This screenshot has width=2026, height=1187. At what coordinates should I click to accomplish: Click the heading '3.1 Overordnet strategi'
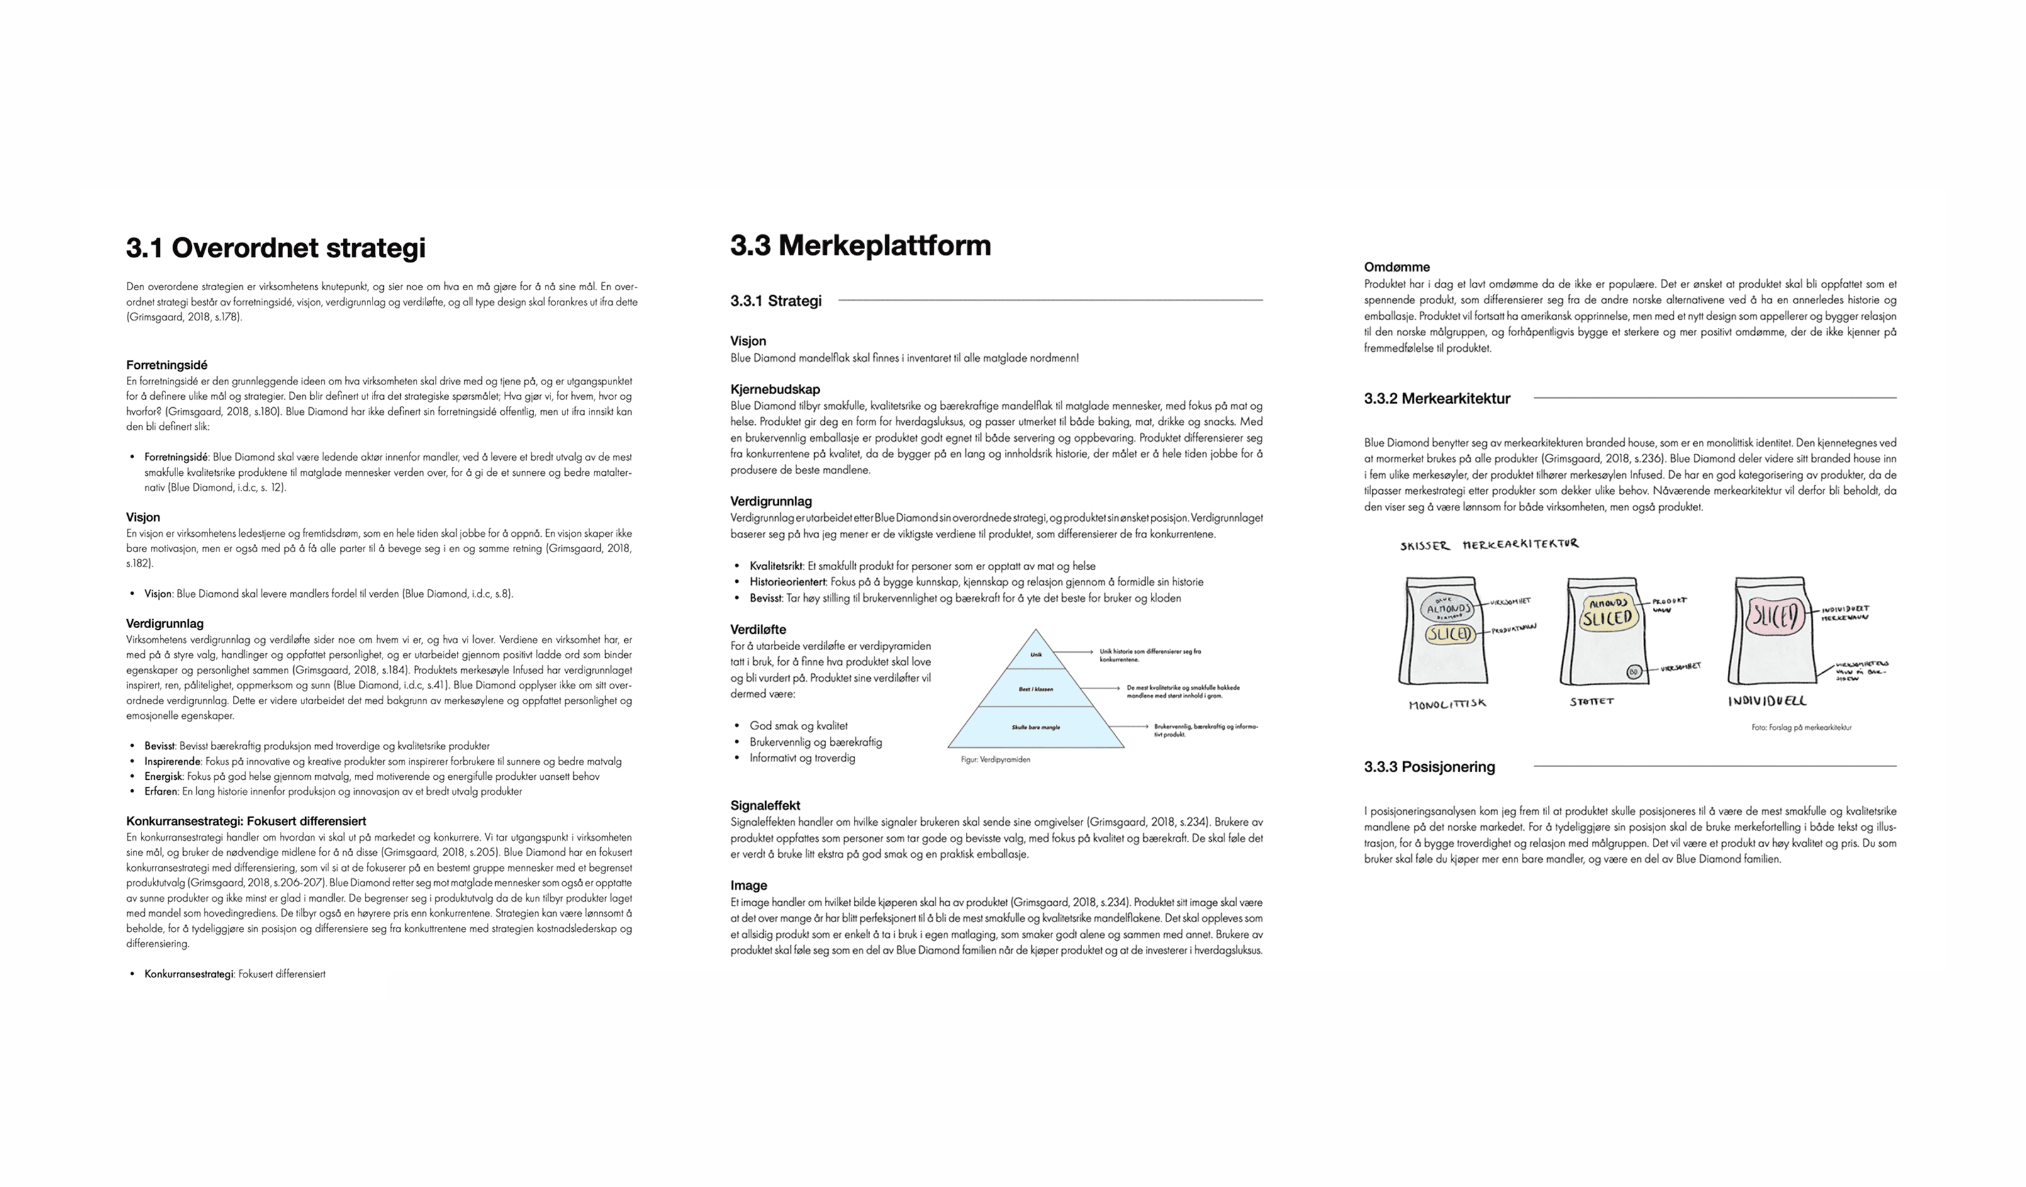tap(276, 248)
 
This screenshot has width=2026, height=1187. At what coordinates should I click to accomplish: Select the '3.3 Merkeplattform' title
tap(860, 245)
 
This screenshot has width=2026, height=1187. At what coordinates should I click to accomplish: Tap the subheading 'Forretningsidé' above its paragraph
tap(166, 365)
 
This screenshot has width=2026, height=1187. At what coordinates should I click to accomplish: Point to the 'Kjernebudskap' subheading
tap(775, 389)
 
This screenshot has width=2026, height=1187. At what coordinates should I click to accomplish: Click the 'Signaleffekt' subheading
tap(764, 805)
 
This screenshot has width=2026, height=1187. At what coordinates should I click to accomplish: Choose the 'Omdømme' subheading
tap(1397, 267)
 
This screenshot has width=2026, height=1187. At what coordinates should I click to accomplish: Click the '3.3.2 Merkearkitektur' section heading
tap(1436, 398)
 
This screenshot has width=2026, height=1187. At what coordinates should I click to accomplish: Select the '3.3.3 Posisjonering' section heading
tap(1429, 767)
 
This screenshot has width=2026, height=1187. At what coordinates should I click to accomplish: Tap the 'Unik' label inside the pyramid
tap(1036, 655)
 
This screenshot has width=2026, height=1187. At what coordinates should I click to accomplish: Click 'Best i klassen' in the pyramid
tap(1036, 689)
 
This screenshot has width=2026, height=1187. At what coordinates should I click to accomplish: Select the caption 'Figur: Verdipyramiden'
tap(995, 759)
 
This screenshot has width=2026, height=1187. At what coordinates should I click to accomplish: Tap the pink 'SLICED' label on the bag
tap(1775, 619)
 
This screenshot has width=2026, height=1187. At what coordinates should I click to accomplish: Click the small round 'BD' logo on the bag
tap(1633, 672)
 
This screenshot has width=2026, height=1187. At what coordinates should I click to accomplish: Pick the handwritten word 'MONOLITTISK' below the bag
tap(1447, 704)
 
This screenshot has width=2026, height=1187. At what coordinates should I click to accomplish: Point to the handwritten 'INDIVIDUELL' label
tap(1767, 701)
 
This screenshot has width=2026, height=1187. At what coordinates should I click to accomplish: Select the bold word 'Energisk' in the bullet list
tap(163, 776)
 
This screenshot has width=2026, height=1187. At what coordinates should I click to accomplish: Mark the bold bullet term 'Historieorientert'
tap(787, 582)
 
